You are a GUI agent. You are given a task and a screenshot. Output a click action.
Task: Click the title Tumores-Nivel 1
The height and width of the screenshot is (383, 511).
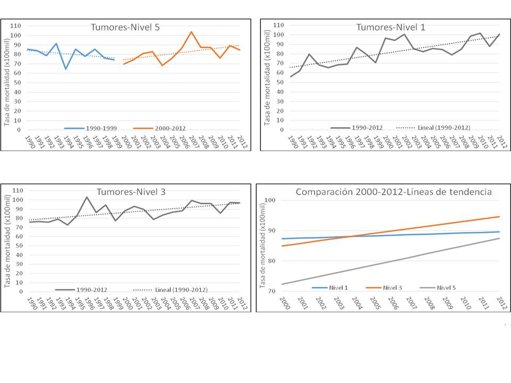click(383, 27)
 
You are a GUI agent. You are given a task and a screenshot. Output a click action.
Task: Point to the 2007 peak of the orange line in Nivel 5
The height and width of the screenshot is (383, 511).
click(191, 31)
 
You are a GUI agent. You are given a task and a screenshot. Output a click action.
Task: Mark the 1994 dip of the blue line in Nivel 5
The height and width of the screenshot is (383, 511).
click(66, 69)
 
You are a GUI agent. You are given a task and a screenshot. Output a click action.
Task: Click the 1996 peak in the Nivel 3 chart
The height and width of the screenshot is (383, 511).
click(87, 197)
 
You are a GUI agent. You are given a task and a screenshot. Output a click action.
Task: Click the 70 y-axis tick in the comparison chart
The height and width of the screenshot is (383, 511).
click(270, 291)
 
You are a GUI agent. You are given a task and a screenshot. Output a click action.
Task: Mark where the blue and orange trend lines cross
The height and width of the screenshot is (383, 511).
click(354, 236)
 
